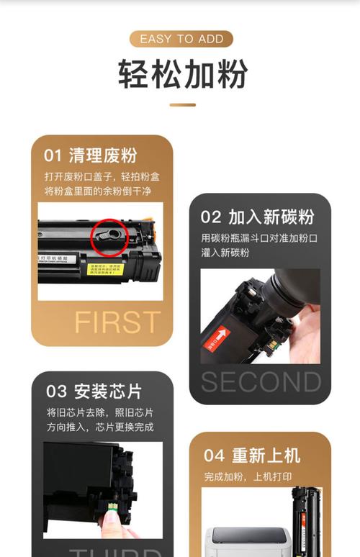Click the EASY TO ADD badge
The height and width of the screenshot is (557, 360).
click(x=181, y=39)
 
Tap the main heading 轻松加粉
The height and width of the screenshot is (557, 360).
click(x=182, y=74)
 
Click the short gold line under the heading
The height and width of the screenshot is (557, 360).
click(x=182, y=105)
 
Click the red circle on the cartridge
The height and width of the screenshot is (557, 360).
click(x=109, y=237)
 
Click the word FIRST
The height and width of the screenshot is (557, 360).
click(x=117, y=322)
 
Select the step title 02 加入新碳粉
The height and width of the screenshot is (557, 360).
click(x=257, y=217)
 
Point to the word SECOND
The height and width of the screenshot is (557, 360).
click(x=261, y=382)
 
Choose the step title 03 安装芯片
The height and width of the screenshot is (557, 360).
click(x=94, y=391)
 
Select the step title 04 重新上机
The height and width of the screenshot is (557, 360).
click(x=252, y=455)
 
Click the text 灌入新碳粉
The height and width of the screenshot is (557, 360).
click(x=225, y=253)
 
